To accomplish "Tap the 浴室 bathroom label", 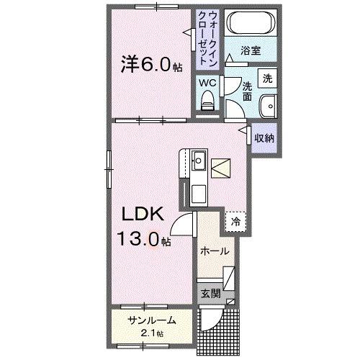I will coord(250,52).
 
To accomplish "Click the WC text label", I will coord(207,83).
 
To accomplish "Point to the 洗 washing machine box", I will coord(267,77).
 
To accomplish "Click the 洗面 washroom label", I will coord(246,89).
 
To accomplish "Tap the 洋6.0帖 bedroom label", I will coord(150,64).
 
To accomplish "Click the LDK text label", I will coord(142,214).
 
